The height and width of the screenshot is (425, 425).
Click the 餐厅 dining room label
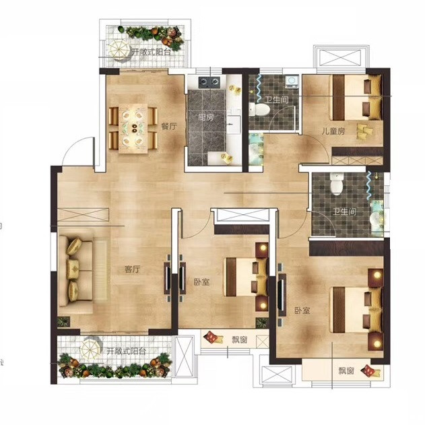[169, 127]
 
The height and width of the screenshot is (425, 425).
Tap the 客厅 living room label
[132, 269]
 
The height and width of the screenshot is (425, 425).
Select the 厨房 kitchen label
[205, 118]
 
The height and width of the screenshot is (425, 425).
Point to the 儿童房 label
[333, 131]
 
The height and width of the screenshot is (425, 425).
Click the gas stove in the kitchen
[209, 82]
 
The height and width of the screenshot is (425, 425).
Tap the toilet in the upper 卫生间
[259, 110]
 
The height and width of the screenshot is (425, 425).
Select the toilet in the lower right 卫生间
[336, 184]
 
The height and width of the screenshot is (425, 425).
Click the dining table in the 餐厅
[133, 129]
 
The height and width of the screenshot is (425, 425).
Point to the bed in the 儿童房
[356, 97]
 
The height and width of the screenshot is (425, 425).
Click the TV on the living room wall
[168, 278]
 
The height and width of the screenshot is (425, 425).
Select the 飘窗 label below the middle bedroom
[239, 339]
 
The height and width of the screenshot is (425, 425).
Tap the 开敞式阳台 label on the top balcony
[151, 52]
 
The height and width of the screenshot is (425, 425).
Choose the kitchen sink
[234, 124]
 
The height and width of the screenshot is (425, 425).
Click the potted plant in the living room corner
[64, 322]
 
